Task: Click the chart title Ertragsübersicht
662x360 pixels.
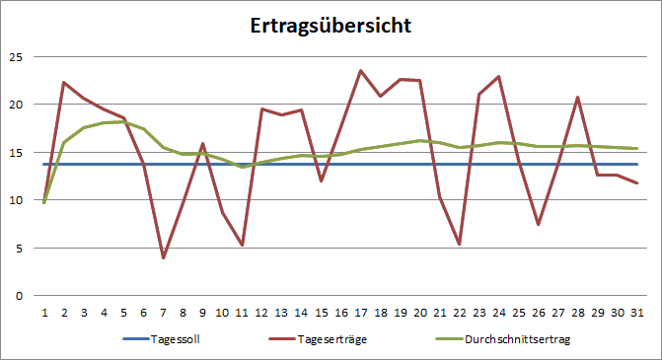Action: pos(331,26)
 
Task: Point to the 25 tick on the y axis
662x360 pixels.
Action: pos(16,56)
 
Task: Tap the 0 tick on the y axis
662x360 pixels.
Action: pos(19,295)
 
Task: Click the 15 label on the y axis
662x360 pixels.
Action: pos(16,152)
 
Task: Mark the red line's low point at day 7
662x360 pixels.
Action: pos(163,257)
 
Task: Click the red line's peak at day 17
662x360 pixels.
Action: pos(361,70)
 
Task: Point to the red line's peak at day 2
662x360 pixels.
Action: pos(64,82)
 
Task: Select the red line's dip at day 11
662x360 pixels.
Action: pos(243,245)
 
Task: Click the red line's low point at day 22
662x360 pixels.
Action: pos(461,244)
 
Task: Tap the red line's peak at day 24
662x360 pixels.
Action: pos(500,76)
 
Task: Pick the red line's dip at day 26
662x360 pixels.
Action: pos(540,225)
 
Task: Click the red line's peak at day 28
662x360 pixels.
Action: pos(579,97)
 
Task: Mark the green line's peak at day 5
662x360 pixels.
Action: pos(123,121)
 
